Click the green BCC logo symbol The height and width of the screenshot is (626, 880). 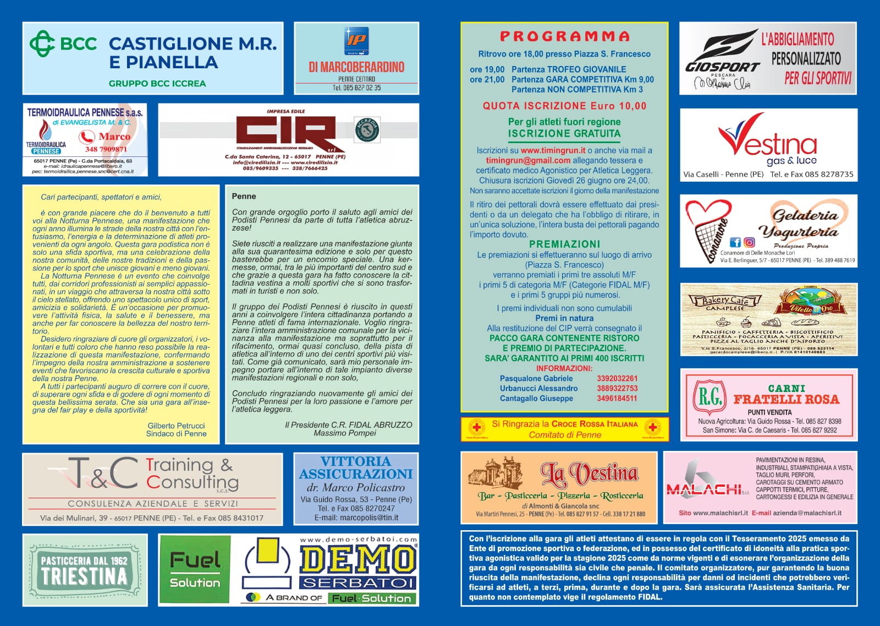click(x=42, y=43)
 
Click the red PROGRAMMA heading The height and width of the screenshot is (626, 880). click(x=564, y=36)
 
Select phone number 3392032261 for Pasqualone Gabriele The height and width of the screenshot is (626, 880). click(x=617, y=378)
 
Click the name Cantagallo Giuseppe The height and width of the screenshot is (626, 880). click(x=536, y=398)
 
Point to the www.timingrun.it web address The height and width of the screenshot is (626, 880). click(x=553, y=150)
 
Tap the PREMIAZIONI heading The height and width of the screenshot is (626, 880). click(x=564, y=244)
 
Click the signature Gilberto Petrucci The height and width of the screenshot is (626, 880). click(x=176, y=426)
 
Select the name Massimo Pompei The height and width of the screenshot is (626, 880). click(x=345, y=433)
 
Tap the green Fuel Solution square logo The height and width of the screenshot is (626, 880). click(x=195, y=570)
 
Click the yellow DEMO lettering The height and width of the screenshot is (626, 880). click(x=358, y=560)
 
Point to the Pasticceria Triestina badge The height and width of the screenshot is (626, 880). click(x=85, y=570)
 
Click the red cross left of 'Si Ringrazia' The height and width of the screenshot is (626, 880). click(x=477, y=428)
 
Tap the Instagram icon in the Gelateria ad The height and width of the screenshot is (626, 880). click(x=749, y=242)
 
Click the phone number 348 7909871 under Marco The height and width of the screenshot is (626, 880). click(x=106, y=149)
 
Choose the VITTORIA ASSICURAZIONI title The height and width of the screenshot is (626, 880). click(x=356, y=467)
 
